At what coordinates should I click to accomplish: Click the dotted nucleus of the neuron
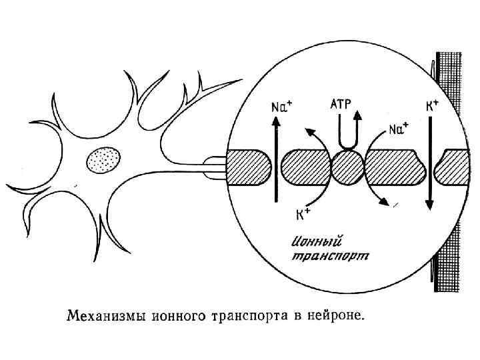104,161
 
